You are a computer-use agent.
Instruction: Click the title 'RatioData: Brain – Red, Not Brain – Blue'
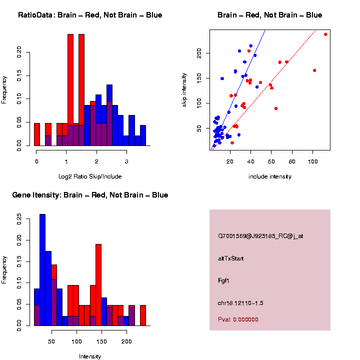coord(90,15)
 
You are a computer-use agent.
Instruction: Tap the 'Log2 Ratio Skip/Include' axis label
coord(90,176)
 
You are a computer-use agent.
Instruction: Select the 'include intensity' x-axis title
coord(270,176)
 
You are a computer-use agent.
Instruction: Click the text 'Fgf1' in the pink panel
coord(223,280)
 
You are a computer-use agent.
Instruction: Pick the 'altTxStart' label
coord(230,258)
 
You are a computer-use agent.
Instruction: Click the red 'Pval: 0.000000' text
coord(238,319)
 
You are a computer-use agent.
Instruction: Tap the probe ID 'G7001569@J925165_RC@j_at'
coord(260,236)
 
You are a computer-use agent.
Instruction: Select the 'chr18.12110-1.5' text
coord(241,302)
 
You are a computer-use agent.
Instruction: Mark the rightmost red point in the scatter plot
coord(325,34)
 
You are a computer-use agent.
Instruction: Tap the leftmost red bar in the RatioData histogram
coord(37,134)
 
